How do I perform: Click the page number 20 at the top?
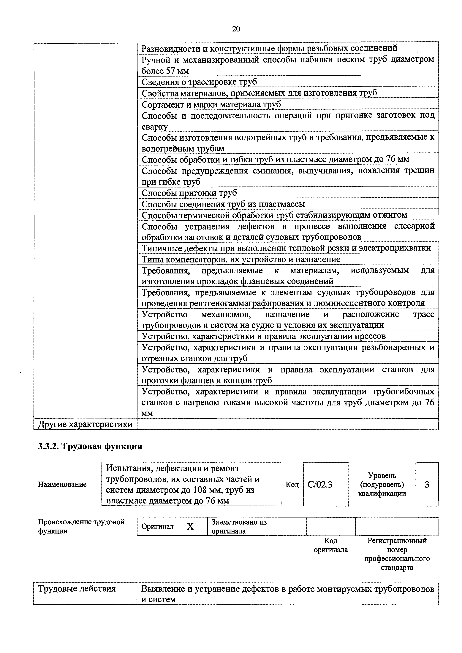click(236, 29)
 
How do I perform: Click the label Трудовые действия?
click(77, 588)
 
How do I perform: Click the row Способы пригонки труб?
click(189, 193)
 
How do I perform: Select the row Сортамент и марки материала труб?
click(211, 104)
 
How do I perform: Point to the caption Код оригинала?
click(331, 550)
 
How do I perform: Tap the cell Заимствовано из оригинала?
click(239, 526)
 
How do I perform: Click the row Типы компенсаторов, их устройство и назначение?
click(241, 259)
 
